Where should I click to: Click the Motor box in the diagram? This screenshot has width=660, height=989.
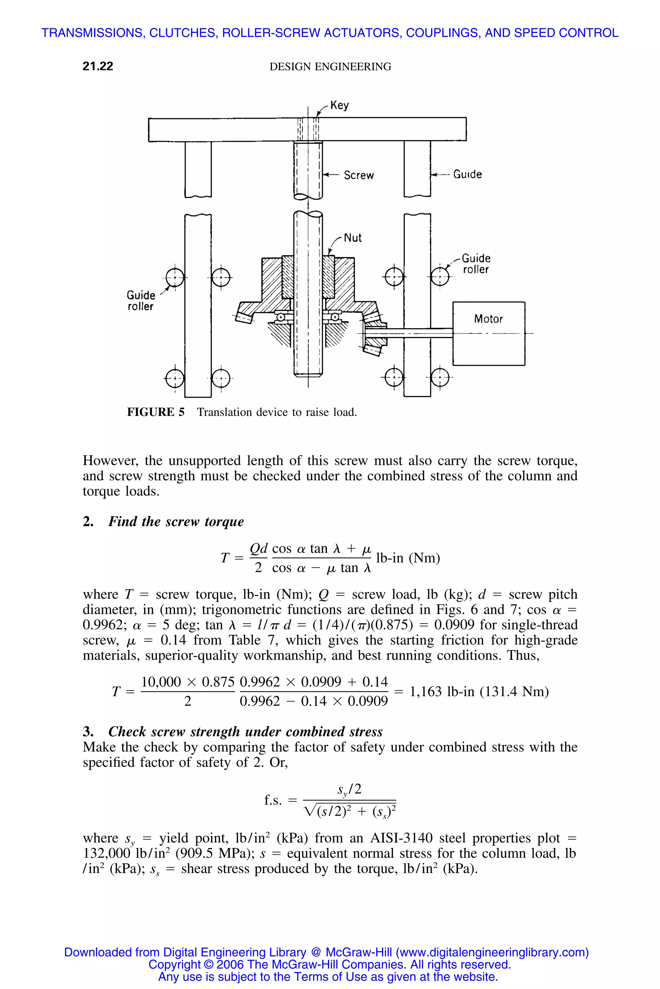tap(488, 333)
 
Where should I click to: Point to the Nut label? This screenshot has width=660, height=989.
tap(353, 238)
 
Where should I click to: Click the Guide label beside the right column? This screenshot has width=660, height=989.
tap(467, 174)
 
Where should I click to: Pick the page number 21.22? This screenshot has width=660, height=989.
tap(98, 66)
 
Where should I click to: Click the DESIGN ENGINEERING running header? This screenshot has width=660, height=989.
tap(330, 66)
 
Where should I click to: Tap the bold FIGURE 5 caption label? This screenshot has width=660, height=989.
tap(156, 412)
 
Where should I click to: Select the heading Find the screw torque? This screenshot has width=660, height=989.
tap(176, 522)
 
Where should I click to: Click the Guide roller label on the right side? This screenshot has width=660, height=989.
tap(476, 264)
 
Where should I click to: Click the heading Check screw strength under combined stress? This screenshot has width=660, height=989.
tap(245, 732)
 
